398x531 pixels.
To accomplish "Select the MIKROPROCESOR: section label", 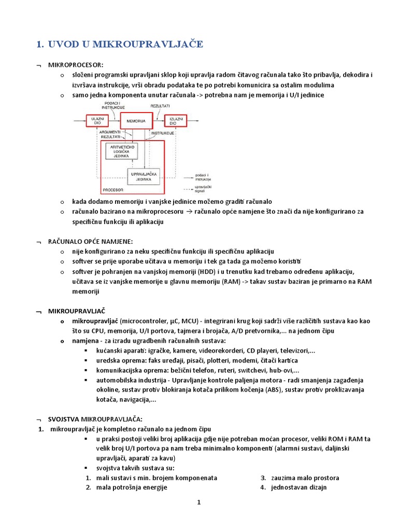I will pyautogui.click(x=75, y=65).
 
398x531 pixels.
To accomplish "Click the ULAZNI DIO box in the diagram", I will pyautogui.click(x=97, y=121).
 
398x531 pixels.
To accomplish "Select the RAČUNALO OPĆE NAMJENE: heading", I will pyautogui.click(x=90, y=241).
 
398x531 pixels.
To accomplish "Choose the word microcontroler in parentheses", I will pyautogui.click(x=142, y=322).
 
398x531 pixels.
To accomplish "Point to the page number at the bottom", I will pyautogui.click(x=198, y=502).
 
